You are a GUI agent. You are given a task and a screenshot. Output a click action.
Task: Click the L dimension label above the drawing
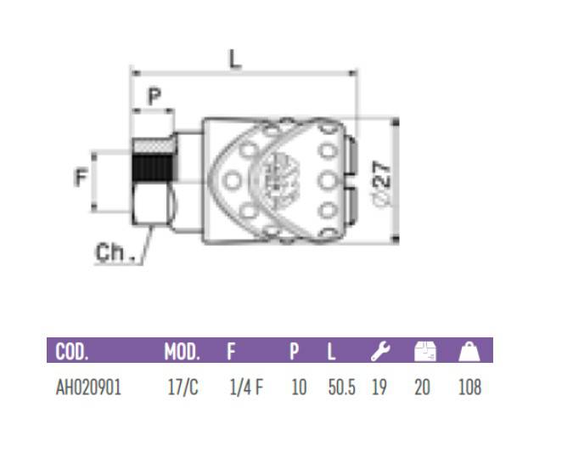[x=234, y=59]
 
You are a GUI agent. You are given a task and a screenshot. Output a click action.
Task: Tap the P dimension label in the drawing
[x=154, y=96]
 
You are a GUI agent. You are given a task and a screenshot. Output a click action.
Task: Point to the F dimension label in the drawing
[x=81, y=177]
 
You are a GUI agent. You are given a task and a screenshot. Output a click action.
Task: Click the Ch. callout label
[x=115, y=252]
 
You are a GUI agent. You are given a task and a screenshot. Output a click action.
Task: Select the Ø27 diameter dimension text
[x=382, y=184]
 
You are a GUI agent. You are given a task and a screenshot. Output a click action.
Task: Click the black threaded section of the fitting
[x=154, y=168]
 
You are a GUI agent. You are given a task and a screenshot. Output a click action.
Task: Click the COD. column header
[x=71, y=351]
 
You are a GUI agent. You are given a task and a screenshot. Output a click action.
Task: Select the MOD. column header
[x=182, y=351]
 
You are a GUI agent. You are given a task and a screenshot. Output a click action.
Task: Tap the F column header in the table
[x=231, y=351]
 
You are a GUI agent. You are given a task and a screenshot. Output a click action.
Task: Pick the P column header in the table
[x=294, y=351]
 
